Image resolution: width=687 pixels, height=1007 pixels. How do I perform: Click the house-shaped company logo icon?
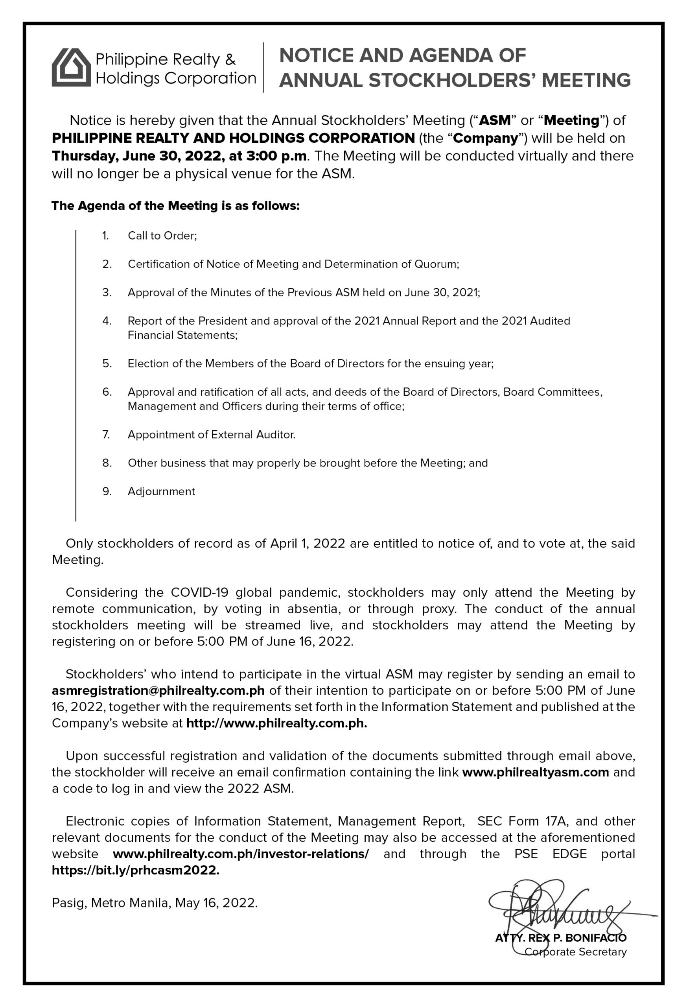(x=72, y=67)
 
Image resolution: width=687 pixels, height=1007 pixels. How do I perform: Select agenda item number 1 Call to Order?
(x=162, y=236)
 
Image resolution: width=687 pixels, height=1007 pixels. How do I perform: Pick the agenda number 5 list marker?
(x=107, y=363)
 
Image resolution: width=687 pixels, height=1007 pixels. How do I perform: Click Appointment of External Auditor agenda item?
(x=212, y=435)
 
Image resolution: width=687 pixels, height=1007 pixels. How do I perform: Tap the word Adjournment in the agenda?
(x=161, y=491)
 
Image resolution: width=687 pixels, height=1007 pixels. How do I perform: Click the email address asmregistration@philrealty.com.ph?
(x=158, y=690)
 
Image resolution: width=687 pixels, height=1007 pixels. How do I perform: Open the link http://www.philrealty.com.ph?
(x=276, y=723)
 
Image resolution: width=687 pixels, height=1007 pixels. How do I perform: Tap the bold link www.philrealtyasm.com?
(x=535, y=772)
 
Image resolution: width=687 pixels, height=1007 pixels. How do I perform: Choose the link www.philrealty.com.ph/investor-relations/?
(x=241, y=854)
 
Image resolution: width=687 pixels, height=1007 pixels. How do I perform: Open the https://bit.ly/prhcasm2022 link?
(x=135, y=870)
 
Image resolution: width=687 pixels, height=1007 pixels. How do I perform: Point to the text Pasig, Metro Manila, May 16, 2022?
(x=155, y=903)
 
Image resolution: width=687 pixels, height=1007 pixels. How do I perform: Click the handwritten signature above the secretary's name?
(x=559, y=908)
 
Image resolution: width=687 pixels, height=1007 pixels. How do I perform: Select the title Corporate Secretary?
(x=575, y=952)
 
